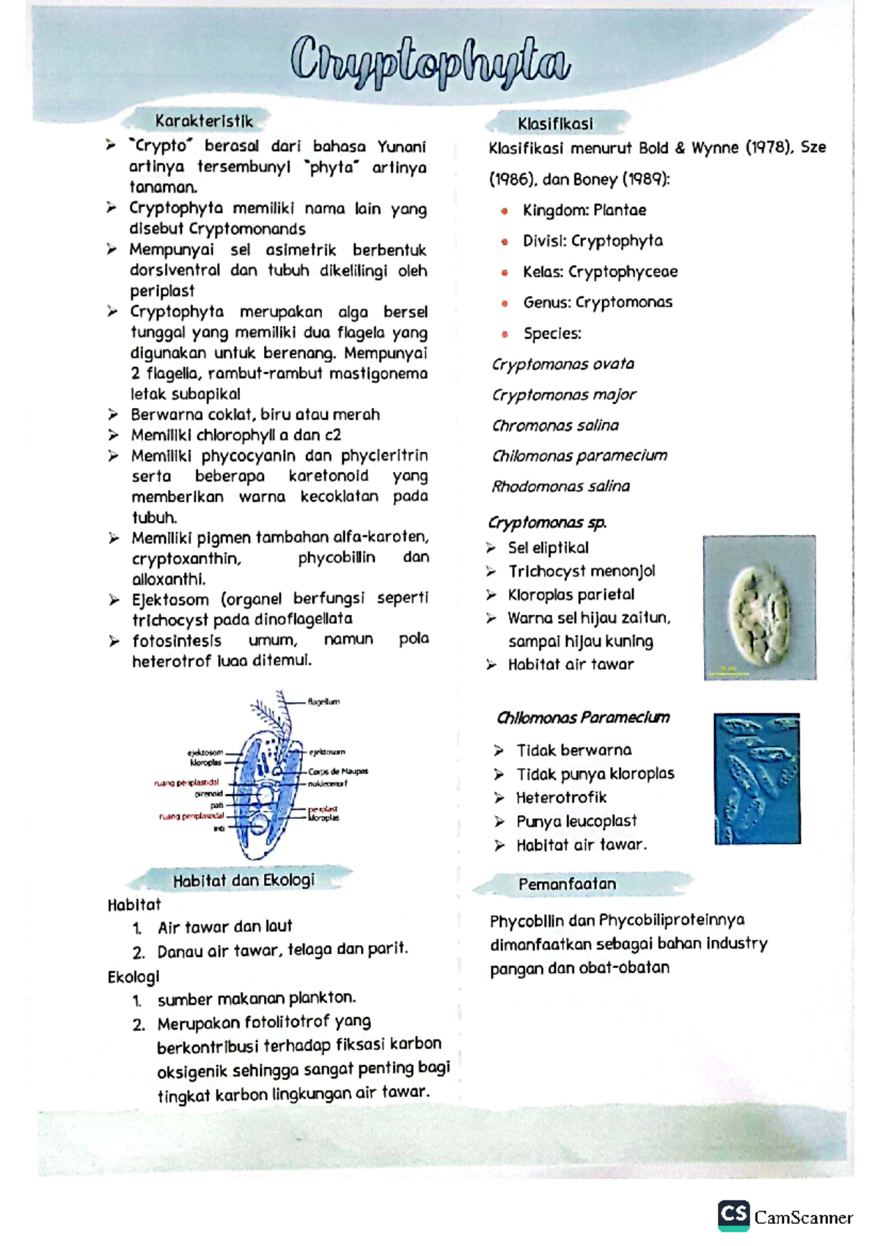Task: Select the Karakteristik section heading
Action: (203, 121)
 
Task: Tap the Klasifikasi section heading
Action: (555, 123)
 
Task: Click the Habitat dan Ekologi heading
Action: (243, 880)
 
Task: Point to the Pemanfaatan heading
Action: (567, 884)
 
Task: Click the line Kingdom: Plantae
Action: (584, 211)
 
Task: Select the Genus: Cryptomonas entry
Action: (597, 302)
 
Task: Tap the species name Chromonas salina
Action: (555, 426)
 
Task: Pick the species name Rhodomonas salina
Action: (560, 487)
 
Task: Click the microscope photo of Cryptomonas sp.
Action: (759, 608)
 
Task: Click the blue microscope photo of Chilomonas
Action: (757, 778)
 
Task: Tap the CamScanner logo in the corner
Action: (785, 1217)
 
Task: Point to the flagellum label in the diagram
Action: (323, 702)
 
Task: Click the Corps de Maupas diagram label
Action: (337, 771)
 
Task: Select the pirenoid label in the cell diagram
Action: (208, 793)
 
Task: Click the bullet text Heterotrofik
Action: (561, 798)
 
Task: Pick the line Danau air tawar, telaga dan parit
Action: (282, 950)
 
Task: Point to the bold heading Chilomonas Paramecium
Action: (582, 718)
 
